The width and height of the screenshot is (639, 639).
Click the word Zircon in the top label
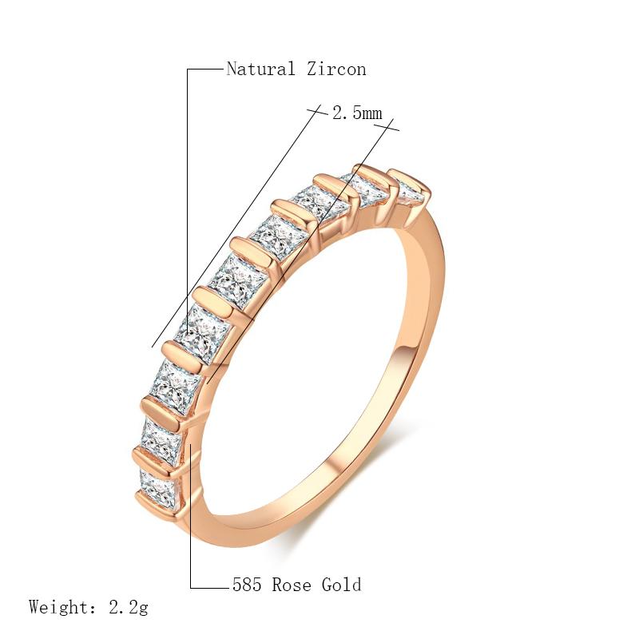pos(335,69)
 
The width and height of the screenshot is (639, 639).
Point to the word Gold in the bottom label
pos(341,585)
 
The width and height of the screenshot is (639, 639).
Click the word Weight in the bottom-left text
pos(60,607)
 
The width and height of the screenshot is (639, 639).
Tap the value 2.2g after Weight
pos(128,607)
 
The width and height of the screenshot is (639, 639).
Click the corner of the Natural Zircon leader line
pos(188,69)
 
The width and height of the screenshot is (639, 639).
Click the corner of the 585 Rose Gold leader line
pos(191,588)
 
